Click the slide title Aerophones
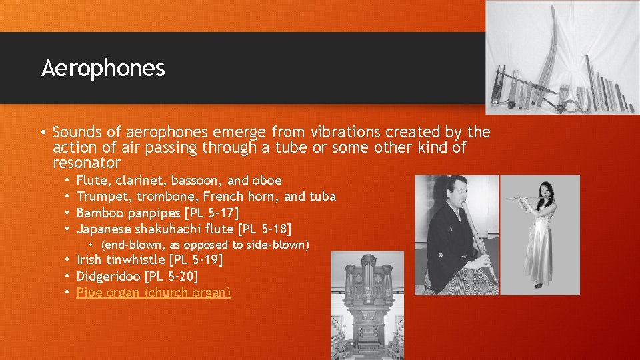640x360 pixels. pos(103,68)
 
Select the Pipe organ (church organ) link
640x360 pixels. pos(153,293)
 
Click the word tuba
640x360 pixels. pos(323,197)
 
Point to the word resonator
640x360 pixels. pos(87,163)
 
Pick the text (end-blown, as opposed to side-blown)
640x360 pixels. pos(205,245)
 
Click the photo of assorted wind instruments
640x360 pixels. pos(561,58)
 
